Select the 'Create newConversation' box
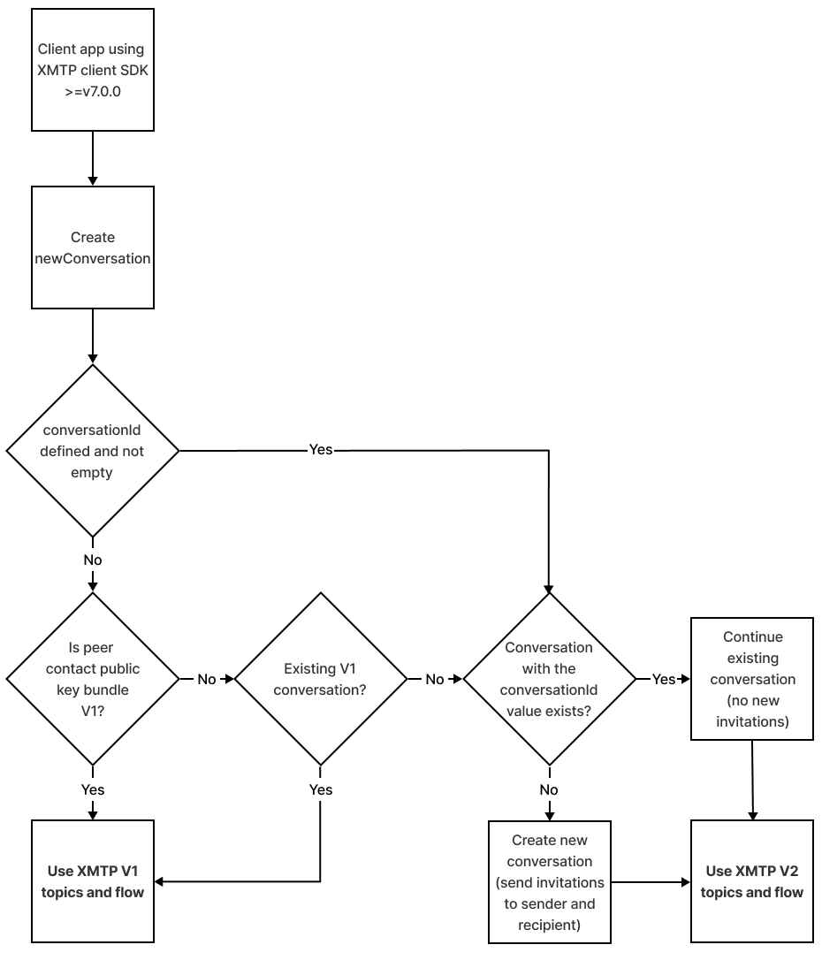pos(93,248)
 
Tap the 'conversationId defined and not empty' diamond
pos(93,451)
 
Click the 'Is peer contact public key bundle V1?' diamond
pos(93,679)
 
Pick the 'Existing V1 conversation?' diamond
pos(320,679)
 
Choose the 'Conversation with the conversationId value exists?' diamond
pos(549,679)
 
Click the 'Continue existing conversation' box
pos(752,679)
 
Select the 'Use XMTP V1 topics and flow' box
pos(93,881)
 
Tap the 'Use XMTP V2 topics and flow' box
pos(752,881)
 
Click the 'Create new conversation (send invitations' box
pos(549,881)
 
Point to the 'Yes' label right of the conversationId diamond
pos(321,450)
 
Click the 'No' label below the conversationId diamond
pos(93,560)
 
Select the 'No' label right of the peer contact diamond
pos(207,679)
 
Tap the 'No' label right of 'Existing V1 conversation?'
pos(435,679)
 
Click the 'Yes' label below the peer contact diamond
pos(93,789)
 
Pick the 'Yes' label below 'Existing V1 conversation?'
pos(321,789)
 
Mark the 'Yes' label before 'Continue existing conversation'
pos(663,679)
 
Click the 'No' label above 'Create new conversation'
pos(549,789)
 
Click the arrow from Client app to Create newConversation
pos(93,159)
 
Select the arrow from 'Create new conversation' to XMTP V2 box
pos(650,881)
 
